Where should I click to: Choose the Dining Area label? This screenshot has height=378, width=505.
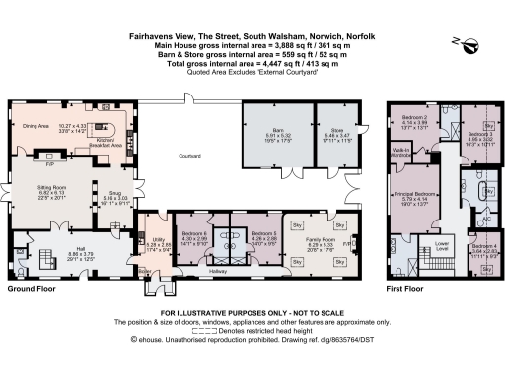tap(36, 126)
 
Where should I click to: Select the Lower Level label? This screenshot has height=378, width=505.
tap(442, 243)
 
